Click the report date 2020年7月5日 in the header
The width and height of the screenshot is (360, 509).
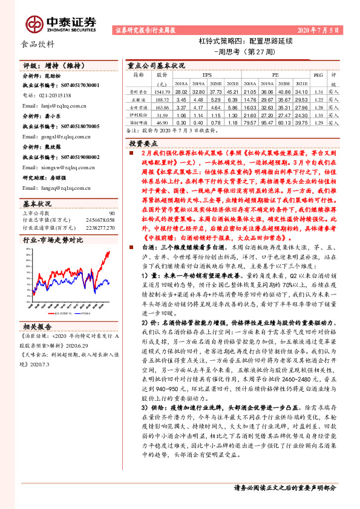[x=318, y=30]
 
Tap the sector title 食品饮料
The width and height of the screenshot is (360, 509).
[x=39, y=45]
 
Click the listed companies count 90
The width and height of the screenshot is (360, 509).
[x=112, y=213]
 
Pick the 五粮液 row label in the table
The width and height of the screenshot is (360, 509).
[x=137, y=98]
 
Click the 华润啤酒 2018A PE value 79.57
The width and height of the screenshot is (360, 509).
[x=250, y=122]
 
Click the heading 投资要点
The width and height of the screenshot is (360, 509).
[x=146, y=143]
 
